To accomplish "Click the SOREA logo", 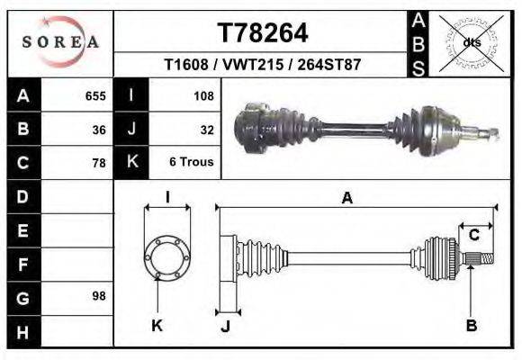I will (60, 41).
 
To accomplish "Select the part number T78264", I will (263, 33).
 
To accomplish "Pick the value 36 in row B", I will (99, 129).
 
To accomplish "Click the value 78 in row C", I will (99, 163).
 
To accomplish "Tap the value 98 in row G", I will (99, 296).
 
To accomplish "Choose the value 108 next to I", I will (202, 94).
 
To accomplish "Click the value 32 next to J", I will (206, 129).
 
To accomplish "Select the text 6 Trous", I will (191, 163).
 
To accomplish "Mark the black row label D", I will (22, 196).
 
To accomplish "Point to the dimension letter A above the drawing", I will (346, 199).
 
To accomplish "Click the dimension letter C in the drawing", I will (472, 236).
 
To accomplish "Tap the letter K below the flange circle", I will (157, 325).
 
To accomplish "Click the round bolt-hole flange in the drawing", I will (167, 258).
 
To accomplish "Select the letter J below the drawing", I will (226, 325).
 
